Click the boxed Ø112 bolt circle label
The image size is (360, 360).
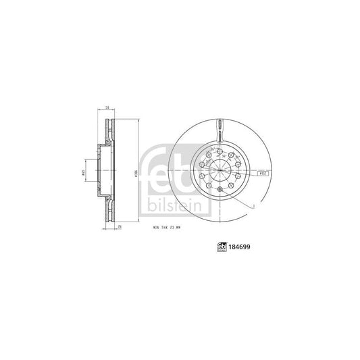coord(263,174)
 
